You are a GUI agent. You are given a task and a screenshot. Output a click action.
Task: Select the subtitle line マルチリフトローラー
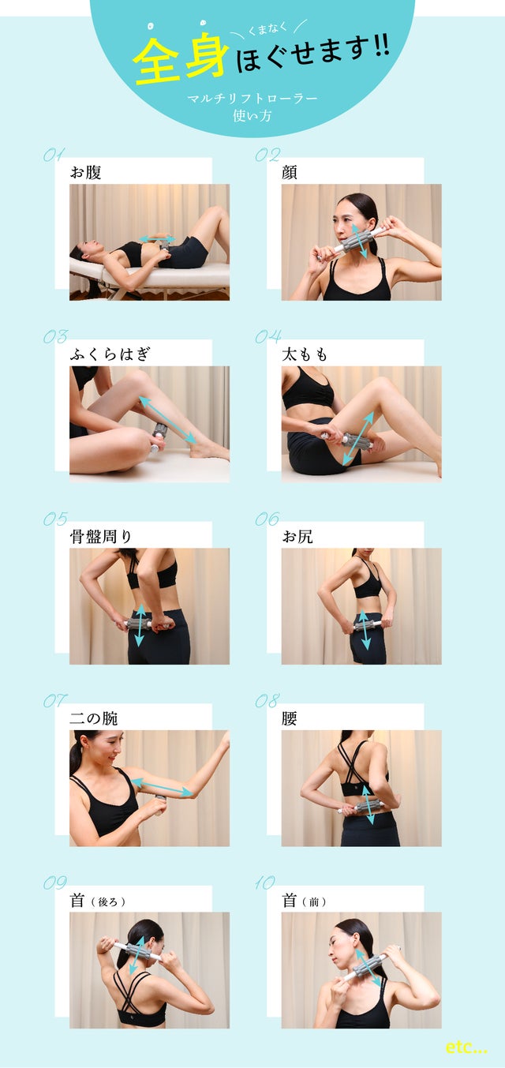(252, 99)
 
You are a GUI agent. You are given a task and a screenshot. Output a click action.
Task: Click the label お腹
(86, 171)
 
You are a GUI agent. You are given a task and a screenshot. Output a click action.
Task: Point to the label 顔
(290, 171)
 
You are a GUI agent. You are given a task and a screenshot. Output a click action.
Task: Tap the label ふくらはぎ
(110, 354)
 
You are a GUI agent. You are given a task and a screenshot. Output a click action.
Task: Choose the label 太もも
(305, 354)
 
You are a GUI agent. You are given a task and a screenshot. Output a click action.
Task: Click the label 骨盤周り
(101, 537)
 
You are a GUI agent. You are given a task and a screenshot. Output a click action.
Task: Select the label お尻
(297, 537)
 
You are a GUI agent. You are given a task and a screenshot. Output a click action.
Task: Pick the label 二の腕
(94, 718)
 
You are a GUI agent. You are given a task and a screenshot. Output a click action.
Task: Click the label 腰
(290, 718)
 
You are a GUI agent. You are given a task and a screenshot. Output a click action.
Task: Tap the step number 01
(54, 155)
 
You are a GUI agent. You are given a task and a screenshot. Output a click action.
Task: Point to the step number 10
(265, 883)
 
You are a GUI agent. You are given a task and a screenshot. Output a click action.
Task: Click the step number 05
(54, 519)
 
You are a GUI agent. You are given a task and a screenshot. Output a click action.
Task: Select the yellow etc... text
(466, 1047)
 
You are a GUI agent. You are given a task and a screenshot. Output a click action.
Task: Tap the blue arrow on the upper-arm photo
(161, 788)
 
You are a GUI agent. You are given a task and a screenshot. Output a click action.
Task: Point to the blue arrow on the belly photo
(157, 238)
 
